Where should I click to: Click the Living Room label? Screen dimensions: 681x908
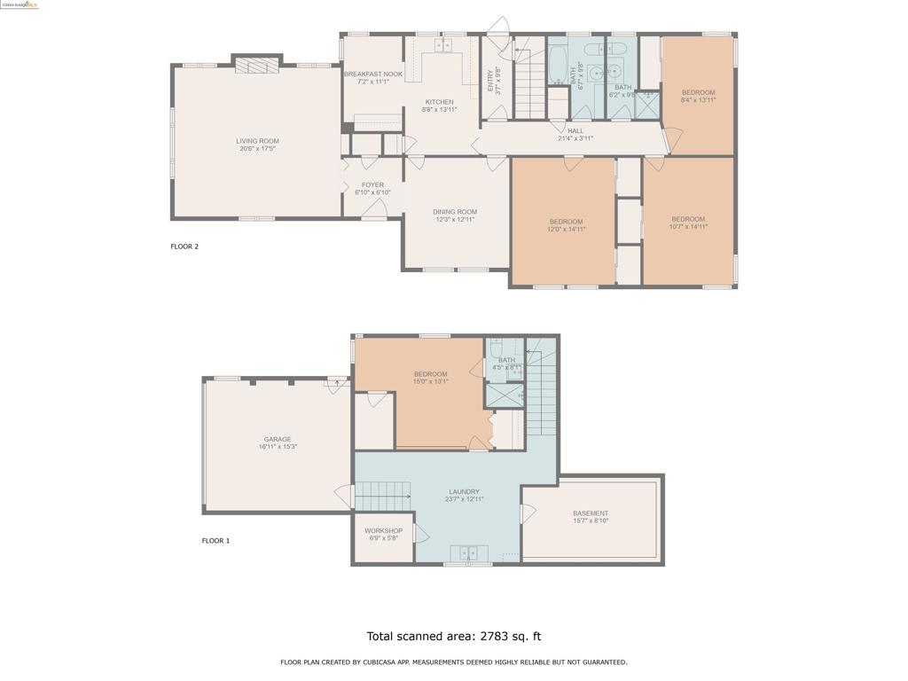(x=257, y=141)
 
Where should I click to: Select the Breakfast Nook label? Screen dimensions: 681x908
(x=372, y=74)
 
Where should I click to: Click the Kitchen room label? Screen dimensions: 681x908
(x=439, y=102)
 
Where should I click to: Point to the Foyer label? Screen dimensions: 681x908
(x=372, y=185)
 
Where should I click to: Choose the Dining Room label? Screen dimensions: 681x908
(x=455, y=212)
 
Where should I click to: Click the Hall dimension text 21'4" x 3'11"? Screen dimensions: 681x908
(x=575, y=138)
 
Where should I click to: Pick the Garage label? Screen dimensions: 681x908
(x=277, y=440)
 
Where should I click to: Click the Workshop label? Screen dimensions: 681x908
(x=383, y=531)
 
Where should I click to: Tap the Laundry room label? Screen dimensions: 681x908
(x=464, y=492)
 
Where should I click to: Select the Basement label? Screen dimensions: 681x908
(x=591, y=513)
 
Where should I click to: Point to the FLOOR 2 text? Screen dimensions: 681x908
(x=184, y=247)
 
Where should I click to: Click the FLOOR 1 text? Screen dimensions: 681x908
(x=215, y=541)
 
